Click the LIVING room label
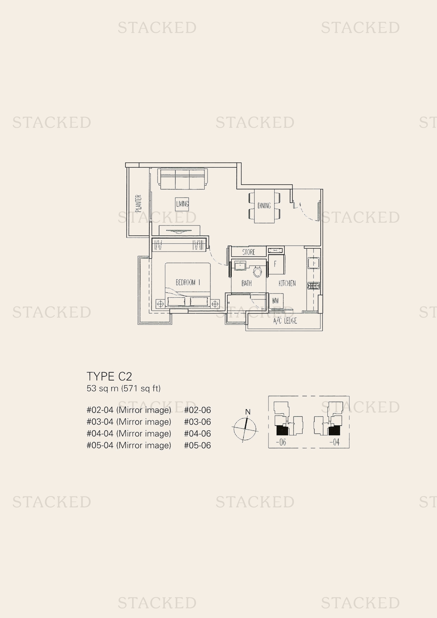[x=182, y=204]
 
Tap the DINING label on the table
[x=264, y=205]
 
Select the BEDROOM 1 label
[x=188, y=283]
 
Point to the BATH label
[x=247, y=283]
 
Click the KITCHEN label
[x=287, y=283]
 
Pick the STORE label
[x=249, y=252]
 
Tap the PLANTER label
[x=139, y=203]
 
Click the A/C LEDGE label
[x=285, y=321]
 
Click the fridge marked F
[x=276, y=264]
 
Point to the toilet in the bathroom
[x=258, y=271]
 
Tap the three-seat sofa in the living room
[x=182, y=178]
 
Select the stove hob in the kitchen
[x=313, y=285]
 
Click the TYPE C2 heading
[x=109, y=376]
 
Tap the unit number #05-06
[x=197, y=445]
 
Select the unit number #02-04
[x=100, y=410]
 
